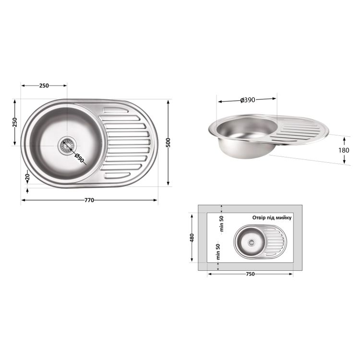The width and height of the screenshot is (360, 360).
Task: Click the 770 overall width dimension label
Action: [89, 200]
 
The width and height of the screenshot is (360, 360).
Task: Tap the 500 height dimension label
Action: [168, 143]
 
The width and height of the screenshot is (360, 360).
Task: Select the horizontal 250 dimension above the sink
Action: [44, 85]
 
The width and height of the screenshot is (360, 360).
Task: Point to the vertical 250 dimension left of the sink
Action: [15, 122]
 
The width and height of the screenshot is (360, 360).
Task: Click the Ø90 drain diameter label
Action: [79, 158]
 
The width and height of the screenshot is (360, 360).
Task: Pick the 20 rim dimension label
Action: [27, 177]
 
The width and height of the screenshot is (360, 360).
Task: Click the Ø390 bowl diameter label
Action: [248, 100]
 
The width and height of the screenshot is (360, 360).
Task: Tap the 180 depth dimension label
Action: [344, 150]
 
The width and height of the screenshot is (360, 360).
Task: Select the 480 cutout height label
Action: [192, 238]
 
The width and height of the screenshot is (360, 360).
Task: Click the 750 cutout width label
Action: [250, 274]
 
